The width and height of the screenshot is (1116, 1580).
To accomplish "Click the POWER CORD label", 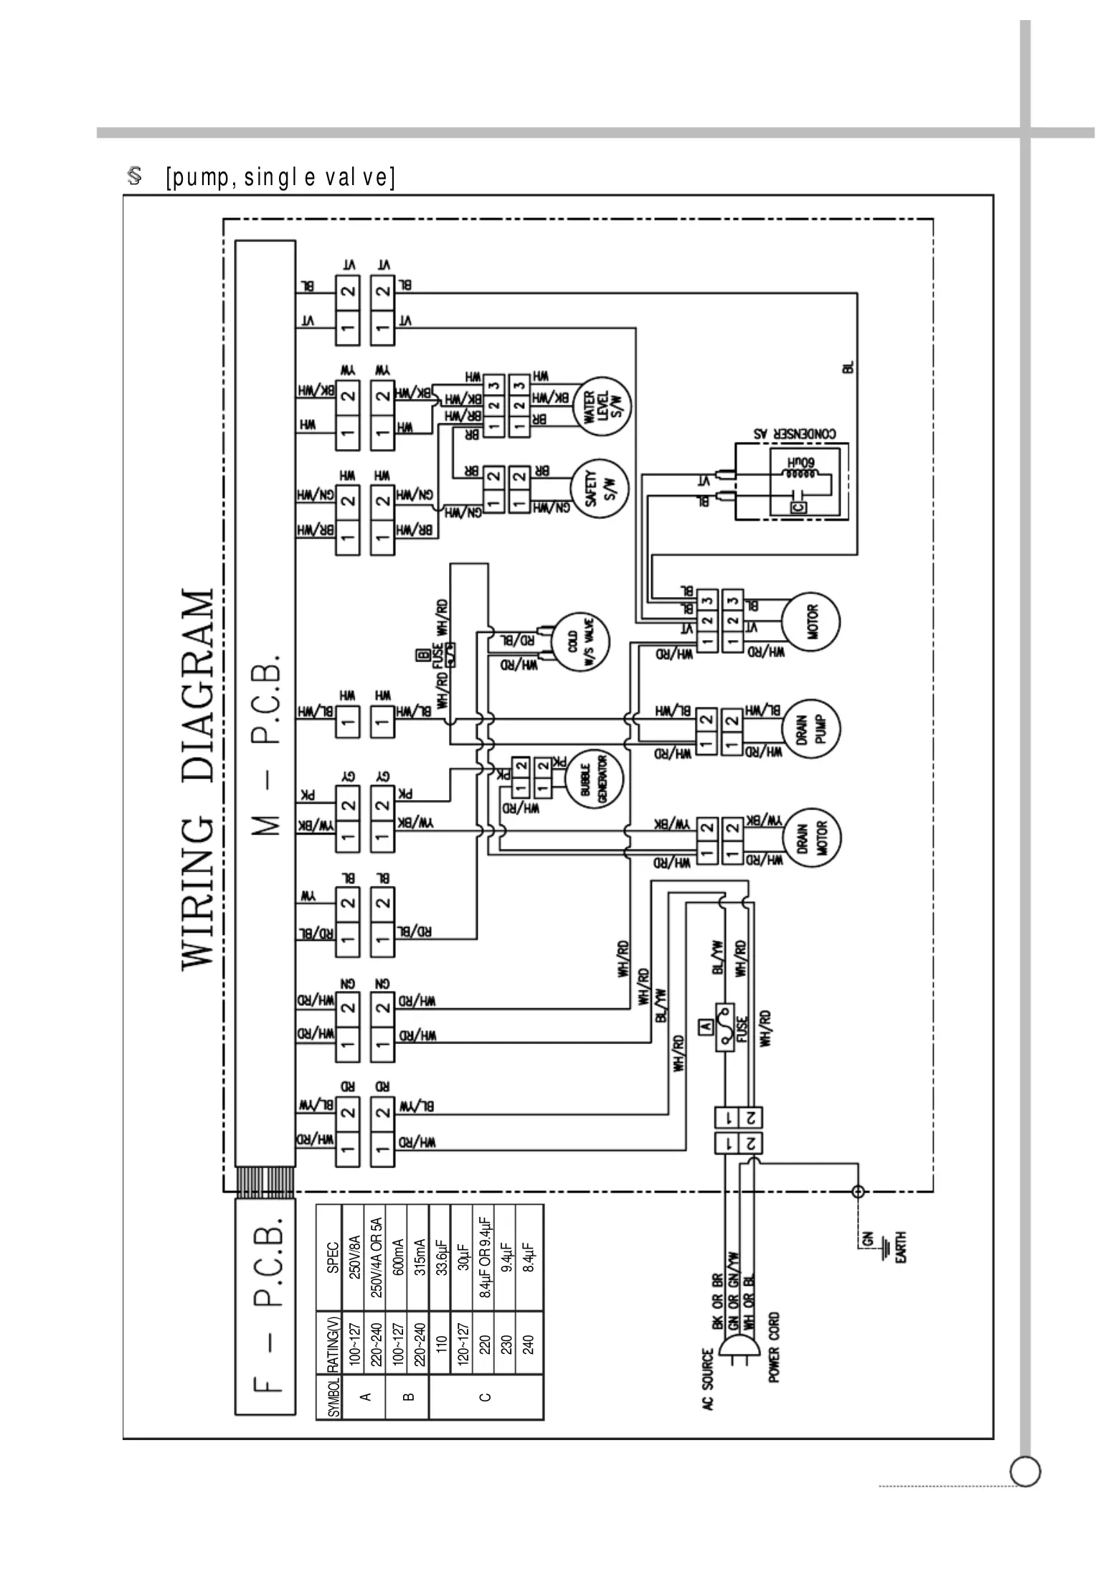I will click(774, 1347).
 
